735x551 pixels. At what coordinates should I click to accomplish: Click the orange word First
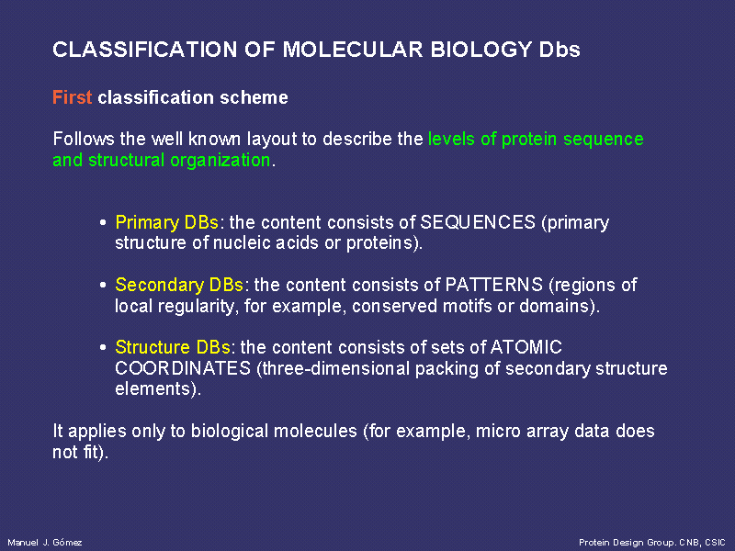(x=73, y=97)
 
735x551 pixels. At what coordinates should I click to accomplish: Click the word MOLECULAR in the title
(x=353, y=50)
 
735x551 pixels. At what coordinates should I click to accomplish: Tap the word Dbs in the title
(x=560, y=50)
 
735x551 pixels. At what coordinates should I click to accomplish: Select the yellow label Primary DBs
(x=167, y=222)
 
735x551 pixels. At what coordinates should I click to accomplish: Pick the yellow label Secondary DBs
(x=179, y=285)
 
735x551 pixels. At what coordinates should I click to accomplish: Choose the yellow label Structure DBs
(x=173, y=347)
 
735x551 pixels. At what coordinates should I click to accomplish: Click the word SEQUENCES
(x=478, y=222)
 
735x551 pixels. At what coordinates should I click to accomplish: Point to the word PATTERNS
(x=493, y=285)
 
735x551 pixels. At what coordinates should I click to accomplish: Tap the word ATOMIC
(x=526, y=347)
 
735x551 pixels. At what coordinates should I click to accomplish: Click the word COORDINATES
(x=183, y=368)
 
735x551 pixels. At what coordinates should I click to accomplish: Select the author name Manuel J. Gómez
(x=45, y=543)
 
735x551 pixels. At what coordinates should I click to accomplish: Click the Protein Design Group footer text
(x=652, y=543)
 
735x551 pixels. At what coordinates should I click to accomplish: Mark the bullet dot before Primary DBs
(x=103, y=222)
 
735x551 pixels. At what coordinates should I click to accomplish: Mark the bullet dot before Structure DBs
(x=103, y=348)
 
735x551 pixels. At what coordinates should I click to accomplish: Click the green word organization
(x=220, y=160)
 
